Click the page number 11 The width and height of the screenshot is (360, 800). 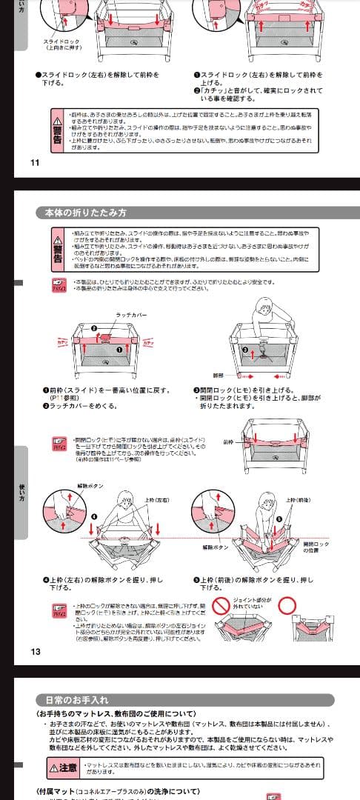pyautogui.click(x=35, y=162)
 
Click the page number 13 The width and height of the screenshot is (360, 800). pyautogui.click(x=35, y=652)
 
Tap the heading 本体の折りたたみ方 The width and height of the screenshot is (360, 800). pyautogui.click(x=82, y=213)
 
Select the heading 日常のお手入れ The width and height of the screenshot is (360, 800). pyautogui.click(x=73, y=699)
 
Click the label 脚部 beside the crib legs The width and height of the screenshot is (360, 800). pyautogui.click(x=218, y=376)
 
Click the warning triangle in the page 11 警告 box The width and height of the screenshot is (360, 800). pyautogui.click(x=57, y=119)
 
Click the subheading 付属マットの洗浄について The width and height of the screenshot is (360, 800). pyautogui.click(x=119, y=791)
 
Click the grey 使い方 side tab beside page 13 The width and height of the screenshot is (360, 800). pyautogui.click(x=21, y=492)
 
